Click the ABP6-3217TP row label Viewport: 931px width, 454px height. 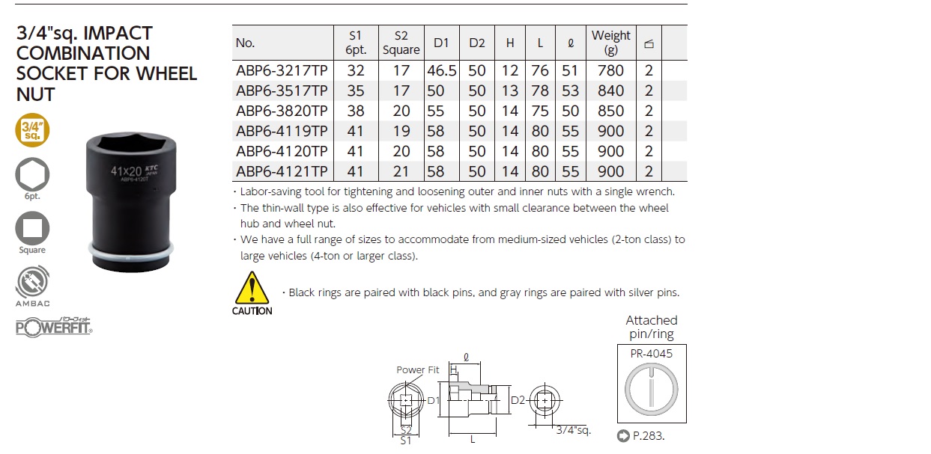point(282,70)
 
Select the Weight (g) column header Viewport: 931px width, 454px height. point(610,43)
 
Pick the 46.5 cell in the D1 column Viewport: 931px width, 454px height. point(441,70)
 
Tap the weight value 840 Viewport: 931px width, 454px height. point(610,91)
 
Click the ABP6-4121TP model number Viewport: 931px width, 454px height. point(282,171)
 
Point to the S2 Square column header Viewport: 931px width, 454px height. point(401,43)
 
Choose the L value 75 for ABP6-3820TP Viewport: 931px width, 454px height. point(540,111)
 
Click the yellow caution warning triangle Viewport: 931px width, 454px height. point(252,288)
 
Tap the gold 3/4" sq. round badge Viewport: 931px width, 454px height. point(32,130)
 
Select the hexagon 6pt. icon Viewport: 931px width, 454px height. point(32,174)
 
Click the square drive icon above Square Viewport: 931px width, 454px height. point(32,228)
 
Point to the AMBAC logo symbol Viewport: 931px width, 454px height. point(32,282)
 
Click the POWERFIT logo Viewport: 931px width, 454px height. point(54,328)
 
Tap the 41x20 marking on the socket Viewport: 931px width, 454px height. point(127,171)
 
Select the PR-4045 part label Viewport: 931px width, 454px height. point(652,354)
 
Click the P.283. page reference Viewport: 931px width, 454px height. point(649,436)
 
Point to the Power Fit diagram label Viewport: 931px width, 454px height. point(417,369)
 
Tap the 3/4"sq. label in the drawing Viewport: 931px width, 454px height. point(574,430)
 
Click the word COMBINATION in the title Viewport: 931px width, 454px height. point(83,54)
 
